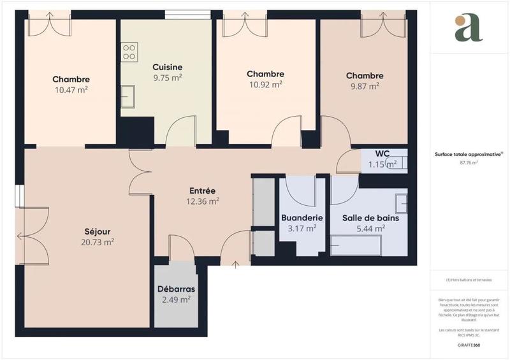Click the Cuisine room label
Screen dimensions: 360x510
[x=168, y=67]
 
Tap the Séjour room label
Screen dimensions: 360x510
[x=98, y=231]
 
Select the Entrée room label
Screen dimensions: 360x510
[x=203, y=191]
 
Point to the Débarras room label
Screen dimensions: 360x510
[x=177, y=289]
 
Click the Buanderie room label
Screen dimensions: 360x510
[x=302, y=217]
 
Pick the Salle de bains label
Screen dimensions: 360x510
[x=368, y=217]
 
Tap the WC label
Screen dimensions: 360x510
[x=382, y=154]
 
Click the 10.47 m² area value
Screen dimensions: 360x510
[x=71, y=90]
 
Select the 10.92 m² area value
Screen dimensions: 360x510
[x=265, y=85]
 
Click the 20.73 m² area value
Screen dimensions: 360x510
[x=98, y=242]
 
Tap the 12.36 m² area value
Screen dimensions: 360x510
[x=203, y=201]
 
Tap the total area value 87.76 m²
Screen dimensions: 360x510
[x=469, y=162]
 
